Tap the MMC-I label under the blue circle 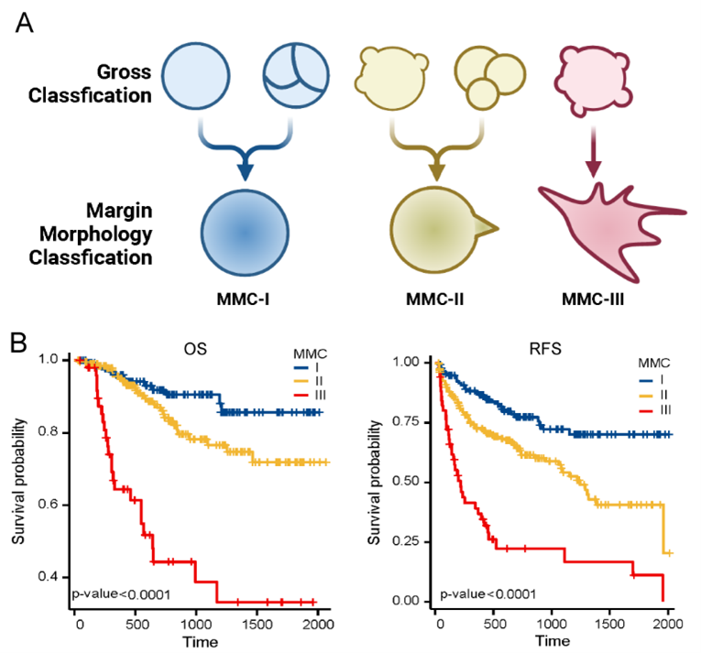[243, 297]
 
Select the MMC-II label [433, 297]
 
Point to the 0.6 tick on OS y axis [57, 505]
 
